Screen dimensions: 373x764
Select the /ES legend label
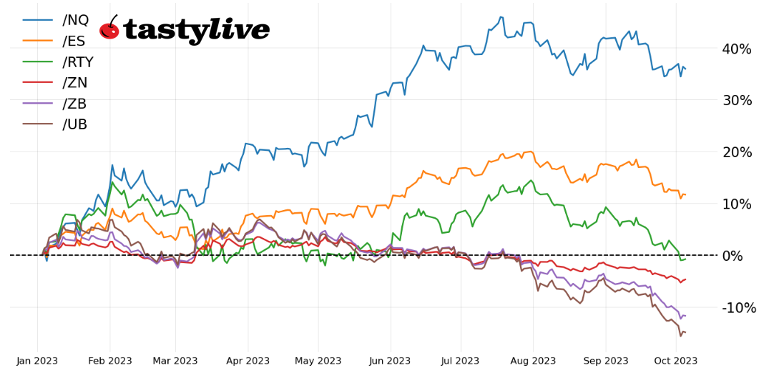(74, 41)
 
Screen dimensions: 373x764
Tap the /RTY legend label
(78, 62)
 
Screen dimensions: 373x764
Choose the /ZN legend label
(74, 83)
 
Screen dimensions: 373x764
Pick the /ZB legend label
(74, 104)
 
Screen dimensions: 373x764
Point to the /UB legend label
(74, 124)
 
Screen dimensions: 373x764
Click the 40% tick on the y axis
(736, 49)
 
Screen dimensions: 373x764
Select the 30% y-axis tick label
(736, 101)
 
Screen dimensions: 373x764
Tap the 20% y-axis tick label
(736, 152)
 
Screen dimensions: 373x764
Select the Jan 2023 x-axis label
(37, 361)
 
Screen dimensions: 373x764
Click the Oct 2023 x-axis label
(676, 361)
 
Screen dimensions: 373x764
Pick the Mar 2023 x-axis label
(175, 361)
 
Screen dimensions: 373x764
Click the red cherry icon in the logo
(109, 29)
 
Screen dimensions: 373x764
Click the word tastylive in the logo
(197, 30)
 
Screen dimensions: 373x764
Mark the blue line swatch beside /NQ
(37, 21)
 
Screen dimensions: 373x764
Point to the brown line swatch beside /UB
(37, 124)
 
